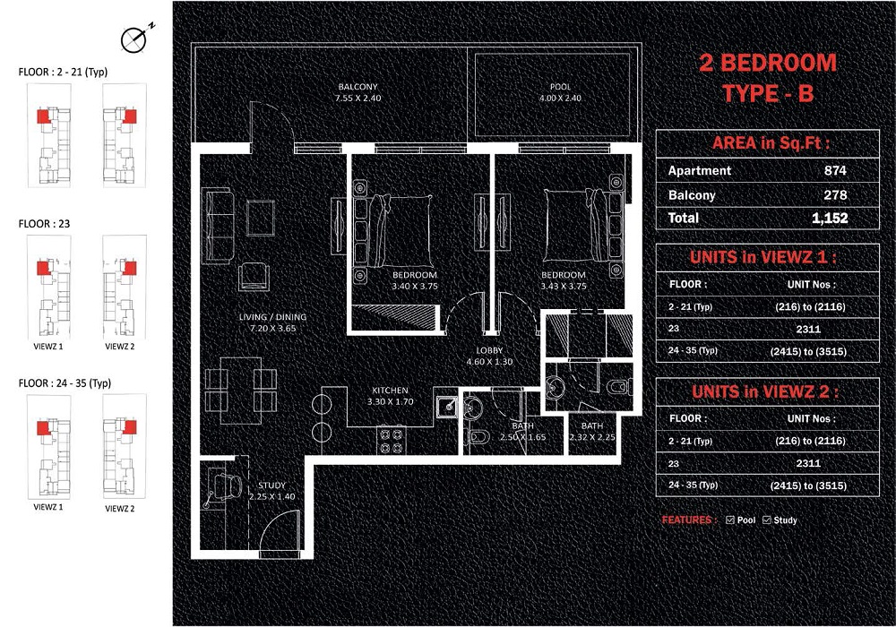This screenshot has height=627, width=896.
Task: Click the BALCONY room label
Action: click(358, 87)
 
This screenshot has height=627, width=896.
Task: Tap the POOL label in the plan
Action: click(560, 87)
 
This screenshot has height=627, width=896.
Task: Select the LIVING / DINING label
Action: click(272, 316)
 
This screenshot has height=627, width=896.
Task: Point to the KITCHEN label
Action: click(390, 391)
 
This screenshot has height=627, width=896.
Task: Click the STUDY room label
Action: click(271, 485)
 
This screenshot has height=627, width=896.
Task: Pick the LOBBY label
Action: click(491, 351)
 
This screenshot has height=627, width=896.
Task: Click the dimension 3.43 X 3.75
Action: click(563, 287)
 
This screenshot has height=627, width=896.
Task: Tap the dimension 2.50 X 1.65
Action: click(522, 437)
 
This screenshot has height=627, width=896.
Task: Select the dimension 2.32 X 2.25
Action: click(591, 437)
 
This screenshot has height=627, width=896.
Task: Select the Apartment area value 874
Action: click(835, 170)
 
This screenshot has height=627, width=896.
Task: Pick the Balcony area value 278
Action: click(835, 194)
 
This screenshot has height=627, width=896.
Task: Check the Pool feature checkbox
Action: click(730, 520)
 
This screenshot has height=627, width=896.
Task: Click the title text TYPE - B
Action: click(767, 92)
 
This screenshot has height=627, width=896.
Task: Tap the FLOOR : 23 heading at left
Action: click(43, 225)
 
